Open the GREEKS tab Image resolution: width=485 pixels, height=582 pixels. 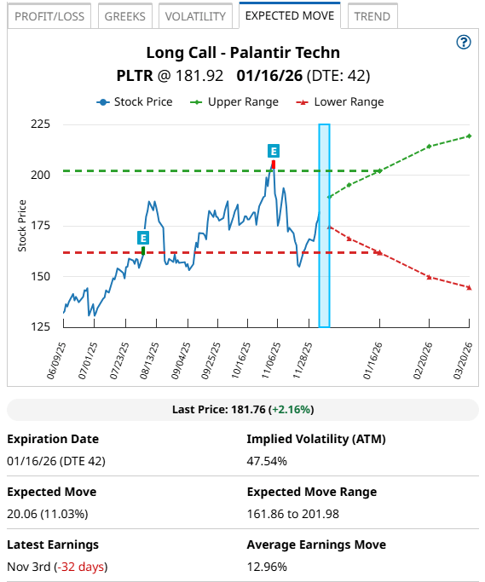[x=124, y=16]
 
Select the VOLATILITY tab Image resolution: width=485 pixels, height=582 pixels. [x=195, y=16]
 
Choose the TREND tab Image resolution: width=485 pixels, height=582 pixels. [x=372, y=16]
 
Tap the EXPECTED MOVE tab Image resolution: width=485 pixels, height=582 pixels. [x=290, y=15]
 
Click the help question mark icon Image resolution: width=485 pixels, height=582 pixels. [x=464, y=43]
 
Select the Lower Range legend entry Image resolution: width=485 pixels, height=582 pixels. [x=341, y=101]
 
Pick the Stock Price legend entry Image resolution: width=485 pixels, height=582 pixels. [x=135, y=101]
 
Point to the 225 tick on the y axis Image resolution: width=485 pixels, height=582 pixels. [x=40, y=124]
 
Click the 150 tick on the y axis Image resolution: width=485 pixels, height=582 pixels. [x=40, y=276]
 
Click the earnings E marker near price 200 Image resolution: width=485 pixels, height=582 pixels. [x=274, y=151]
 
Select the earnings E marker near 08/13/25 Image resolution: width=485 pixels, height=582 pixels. [x=143, y=237]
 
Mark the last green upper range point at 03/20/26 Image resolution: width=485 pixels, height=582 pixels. [x=470, y=136]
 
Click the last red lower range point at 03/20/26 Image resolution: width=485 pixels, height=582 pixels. [x=470, y=287]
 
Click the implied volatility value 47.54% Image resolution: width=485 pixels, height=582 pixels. [x=267, y=461]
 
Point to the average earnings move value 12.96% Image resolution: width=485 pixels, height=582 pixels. [x=267, y=566]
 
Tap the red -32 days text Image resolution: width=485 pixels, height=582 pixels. [x=81, y=566]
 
